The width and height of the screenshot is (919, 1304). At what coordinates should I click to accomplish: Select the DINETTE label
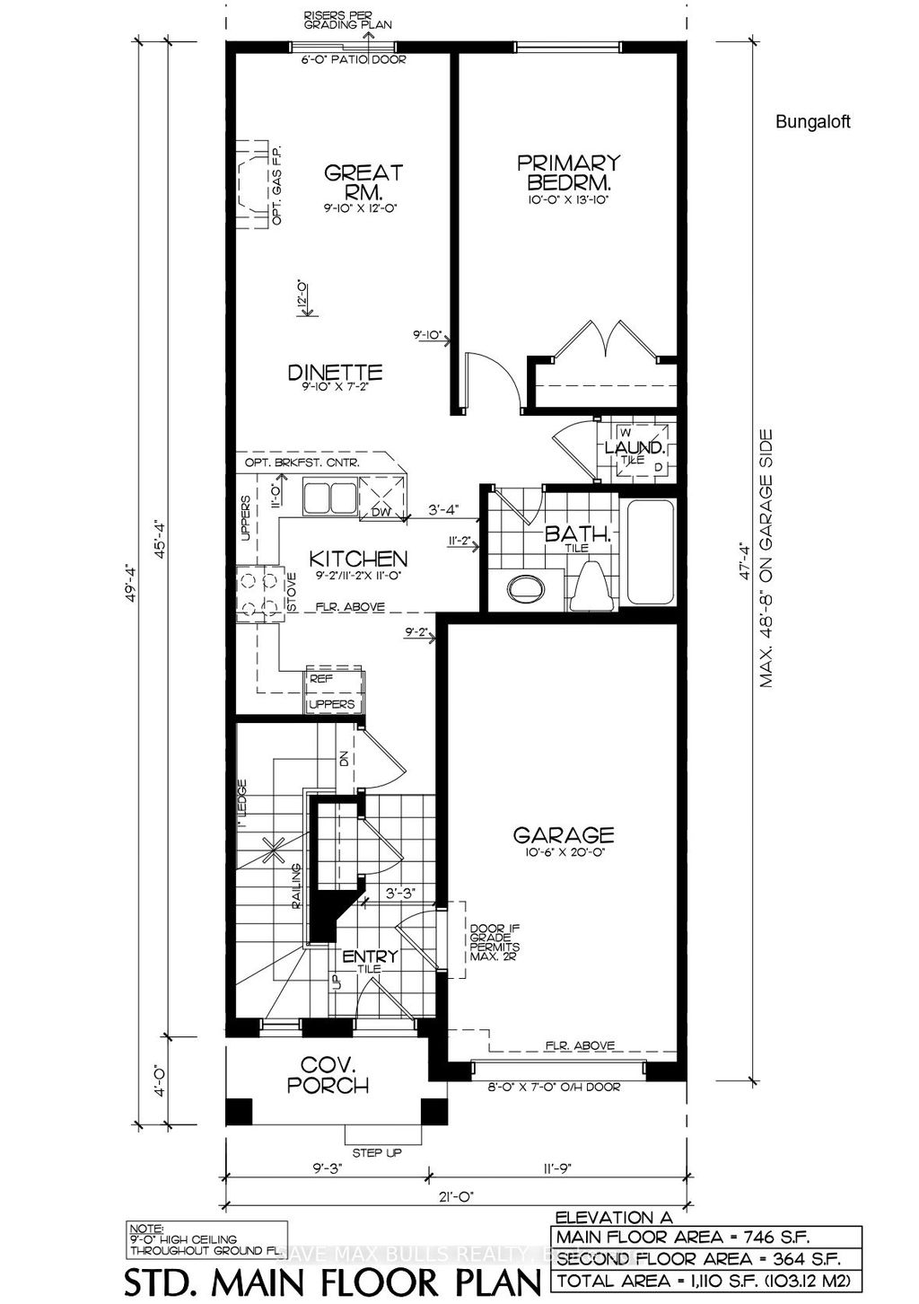(336, 372)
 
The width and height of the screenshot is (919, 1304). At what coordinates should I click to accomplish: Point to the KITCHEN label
(359, 559)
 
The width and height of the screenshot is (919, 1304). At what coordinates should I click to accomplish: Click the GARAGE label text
(564, 835)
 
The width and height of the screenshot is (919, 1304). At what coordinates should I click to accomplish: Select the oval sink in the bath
(525, 589)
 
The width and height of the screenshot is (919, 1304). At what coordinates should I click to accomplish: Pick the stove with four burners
(258, 594)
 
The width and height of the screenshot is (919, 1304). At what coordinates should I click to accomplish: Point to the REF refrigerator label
(320, 680)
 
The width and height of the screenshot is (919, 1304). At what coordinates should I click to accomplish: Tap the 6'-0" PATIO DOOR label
(354, 60)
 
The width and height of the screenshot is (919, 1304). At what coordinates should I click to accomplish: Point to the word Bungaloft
(812, 122)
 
